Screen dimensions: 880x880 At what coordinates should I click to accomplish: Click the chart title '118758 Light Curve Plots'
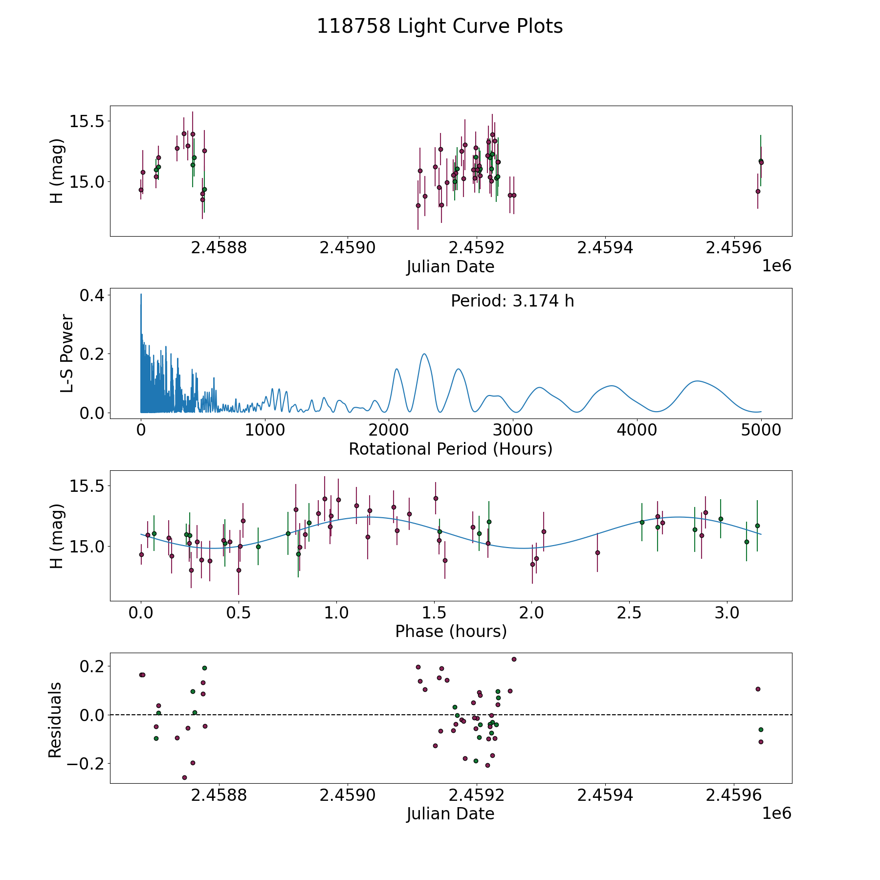pyautogui.click(x=440, y=26)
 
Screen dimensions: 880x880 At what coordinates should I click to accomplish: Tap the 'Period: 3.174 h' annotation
pyautogui.click(x=512, y=301)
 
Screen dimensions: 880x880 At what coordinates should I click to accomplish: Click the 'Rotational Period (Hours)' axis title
pyautogui.click(x=450, y=449)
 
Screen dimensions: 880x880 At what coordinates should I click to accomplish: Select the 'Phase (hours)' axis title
pyautogui.click(x=451, y=631)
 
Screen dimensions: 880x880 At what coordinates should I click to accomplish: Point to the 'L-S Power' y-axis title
pyautogui.click(x=67, y=353)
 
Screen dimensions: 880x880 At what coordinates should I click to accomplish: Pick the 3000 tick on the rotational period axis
pyautogui.click(x=513, y=430)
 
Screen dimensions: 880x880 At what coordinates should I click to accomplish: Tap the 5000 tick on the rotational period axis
pyautogui.click(x=761, y=430)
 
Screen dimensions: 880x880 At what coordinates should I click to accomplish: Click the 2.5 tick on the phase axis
pyautogui.click(x=629, y=613)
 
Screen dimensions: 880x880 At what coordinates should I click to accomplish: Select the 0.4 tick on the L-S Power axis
pyautogui.click(x=92, y=295)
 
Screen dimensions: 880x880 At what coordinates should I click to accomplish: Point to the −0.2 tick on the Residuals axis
pyautogui.click(x=86, y=764)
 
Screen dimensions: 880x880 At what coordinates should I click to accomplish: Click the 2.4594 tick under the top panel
pyautogui.click(x=605, y=248)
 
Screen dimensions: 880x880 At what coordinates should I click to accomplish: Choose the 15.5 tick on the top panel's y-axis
pyautogui.click(x=86, y=121)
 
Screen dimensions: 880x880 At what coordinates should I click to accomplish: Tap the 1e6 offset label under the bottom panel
pyautogui.click(x=776, y=813)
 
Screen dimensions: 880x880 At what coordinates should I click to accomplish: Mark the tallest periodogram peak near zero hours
pyautogui.click(x=141, y=294)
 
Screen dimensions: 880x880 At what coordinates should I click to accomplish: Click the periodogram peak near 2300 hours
pyautogui.click(x=424, y=354)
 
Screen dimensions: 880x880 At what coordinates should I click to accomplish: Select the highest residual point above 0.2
pyautogui.click(x=514, y=659)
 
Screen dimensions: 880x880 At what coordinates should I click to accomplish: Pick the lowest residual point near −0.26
pyautogui.click(x=184, y=777)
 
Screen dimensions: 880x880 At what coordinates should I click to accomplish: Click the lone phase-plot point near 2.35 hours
pyautogui.click(x=597, y=552)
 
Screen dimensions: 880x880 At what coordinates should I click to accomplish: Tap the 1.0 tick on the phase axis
pyautogui.click(x=336, y=613)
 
